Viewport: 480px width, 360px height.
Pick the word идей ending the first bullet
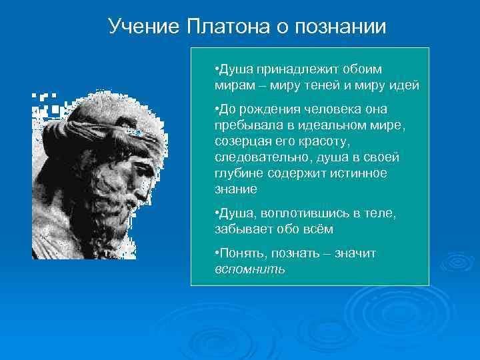[405, 85]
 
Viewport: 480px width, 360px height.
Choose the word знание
[235, 189]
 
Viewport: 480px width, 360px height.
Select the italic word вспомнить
[249, 269]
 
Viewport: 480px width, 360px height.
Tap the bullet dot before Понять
[217, 253]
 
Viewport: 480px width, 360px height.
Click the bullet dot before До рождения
[217, 109]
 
